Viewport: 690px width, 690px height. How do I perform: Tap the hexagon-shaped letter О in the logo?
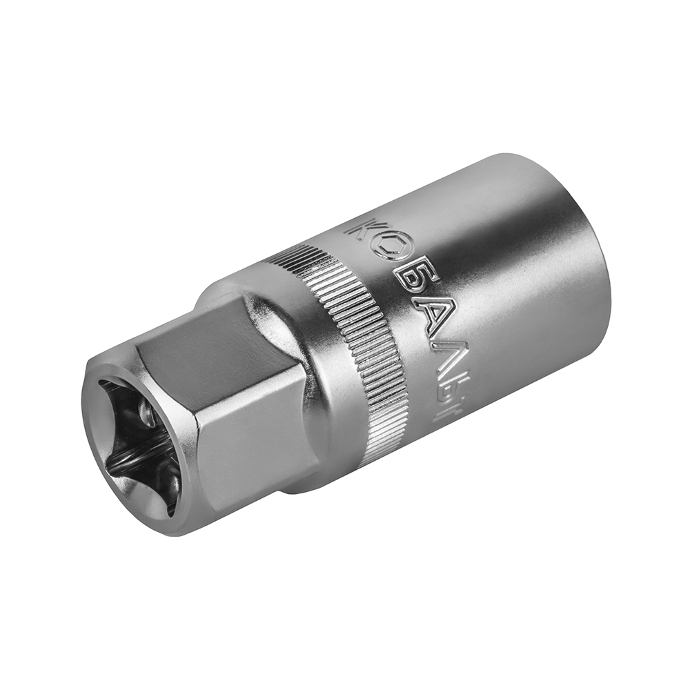pos(388,250)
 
